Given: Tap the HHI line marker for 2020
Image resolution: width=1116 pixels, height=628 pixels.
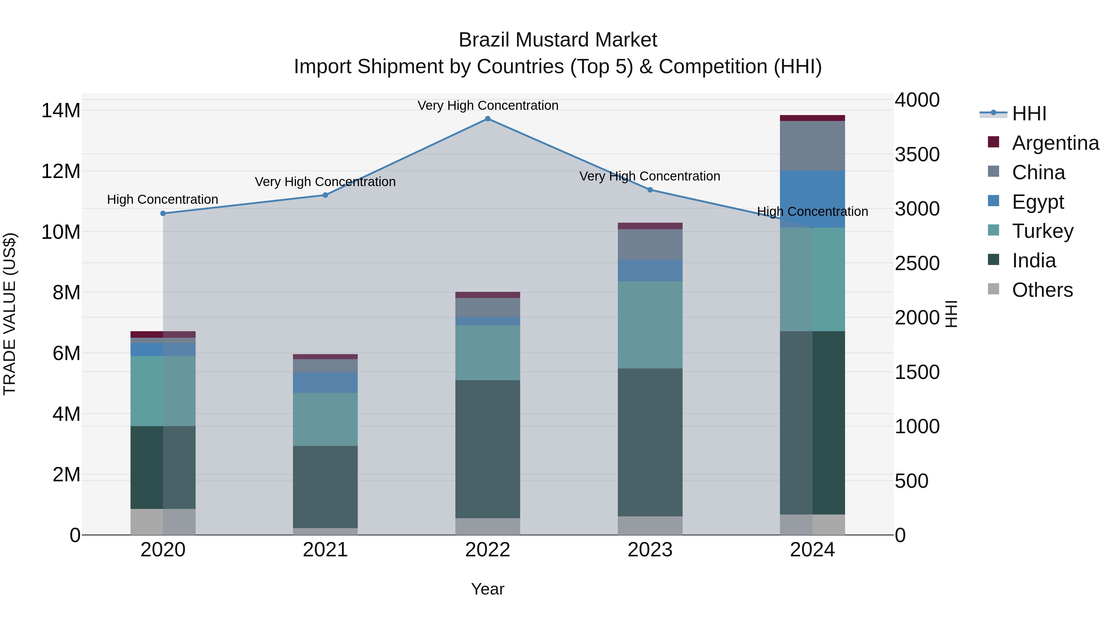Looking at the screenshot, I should [163, 213].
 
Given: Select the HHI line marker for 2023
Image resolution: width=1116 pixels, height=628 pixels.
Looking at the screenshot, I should [650, 190].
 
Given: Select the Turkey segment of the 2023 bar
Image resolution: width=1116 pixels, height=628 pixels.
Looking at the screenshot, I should [650, 325].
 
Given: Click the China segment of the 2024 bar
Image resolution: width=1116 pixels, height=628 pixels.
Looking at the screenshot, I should [812, 146].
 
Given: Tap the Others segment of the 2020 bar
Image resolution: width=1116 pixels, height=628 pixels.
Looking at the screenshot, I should [163, 522].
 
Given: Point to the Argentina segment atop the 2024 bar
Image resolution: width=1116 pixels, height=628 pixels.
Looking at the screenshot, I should [812, 118].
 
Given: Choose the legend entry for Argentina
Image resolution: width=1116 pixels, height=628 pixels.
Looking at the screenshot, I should [1055, 143].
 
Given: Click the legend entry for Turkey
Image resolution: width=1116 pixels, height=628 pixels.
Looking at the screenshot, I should [1042, 231].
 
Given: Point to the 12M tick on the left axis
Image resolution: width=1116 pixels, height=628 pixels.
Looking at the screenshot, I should [61, 171].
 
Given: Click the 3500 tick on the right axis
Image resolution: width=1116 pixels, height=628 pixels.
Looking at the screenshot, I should [917, 155].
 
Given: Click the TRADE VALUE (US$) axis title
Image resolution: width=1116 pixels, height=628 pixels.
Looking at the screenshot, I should [10, 314].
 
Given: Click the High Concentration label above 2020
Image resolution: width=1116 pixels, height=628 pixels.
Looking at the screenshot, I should [162, 199].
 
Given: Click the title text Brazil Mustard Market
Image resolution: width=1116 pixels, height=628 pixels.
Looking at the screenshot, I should [558, 40].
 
